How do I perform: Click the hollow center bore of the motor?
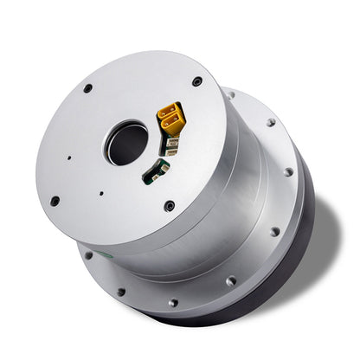(126, 144)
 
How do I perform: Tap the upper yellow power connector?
(170, 112)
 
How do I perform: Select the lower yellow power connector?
(173, 127)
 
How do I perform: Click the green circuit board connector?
(156, 170)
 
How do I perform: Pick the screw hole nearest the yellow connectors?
(197, 81)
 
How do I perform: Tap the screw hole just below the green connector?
(170, 206)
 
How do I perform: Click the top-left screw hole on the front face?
(87, 88)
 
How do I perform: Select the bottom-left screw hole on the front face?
(55, 201)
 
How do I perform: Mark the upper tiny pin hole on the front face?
(70, 159)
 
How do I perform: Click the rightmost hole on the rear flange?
(289, 171)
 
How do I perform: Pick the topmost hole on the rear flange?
(230, 93)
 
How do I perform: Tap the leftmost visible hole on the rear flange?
(87, 255)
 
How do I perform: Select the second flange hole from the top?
(270, 123)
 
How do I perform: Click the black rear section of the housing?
(286, 260)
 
